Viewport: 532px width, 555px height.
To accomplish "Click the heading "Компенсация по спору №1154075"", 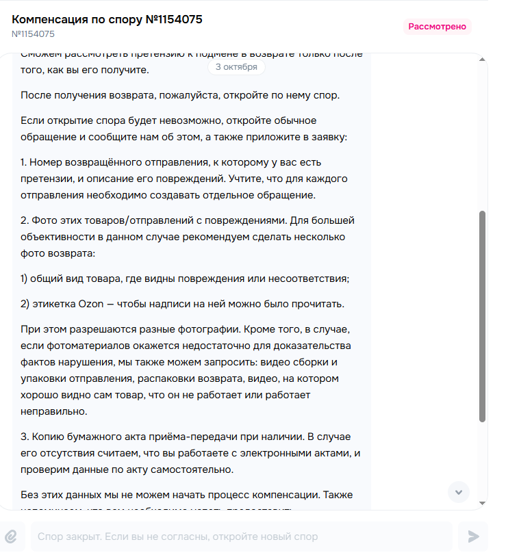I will pyautogui.click(x=107, y=19).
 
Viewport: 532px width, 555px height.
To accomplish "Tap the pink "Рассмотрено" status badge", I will pyautogui.click(x=438, y=27).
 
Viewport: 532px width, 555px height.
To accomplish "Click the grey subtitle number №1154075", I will pyautogui.click(x=33, y=34).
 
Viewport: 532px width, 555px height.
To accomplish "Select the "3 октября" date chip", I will pyautogui.click(x=236, y=67).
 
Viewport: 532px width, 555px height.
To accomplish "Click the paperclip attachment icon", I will pyautogui.click(x=11, y=537).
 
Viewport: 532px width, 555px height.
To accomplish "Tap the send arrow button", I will pyautogui.click(x=472, y=537).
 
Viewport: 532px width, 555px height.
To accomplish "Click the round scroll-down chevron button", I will pyautogui.click(x=458, y=491).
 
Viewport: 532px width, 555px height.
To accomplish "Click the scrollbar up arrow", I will pyautogui.click(x=483, y=60).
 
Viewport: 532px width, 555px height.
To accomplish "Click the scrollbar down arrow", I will pyautogui.click(x=483, y=503).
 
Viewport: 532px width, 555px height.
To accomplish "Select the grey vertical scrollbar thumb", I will pyautogui.click(x=483, y=315).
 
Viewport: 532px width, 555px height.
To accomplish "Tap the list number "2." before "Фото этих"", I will pyautogui.click(x=25, y=220).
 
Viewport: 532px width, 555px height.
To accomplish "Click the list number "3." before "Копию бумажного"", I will pyautogui.click(x=25, y=436).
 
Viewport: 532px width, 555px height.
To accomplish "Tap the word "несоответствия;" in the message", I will pyautogui.click(x=312, y=279).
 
